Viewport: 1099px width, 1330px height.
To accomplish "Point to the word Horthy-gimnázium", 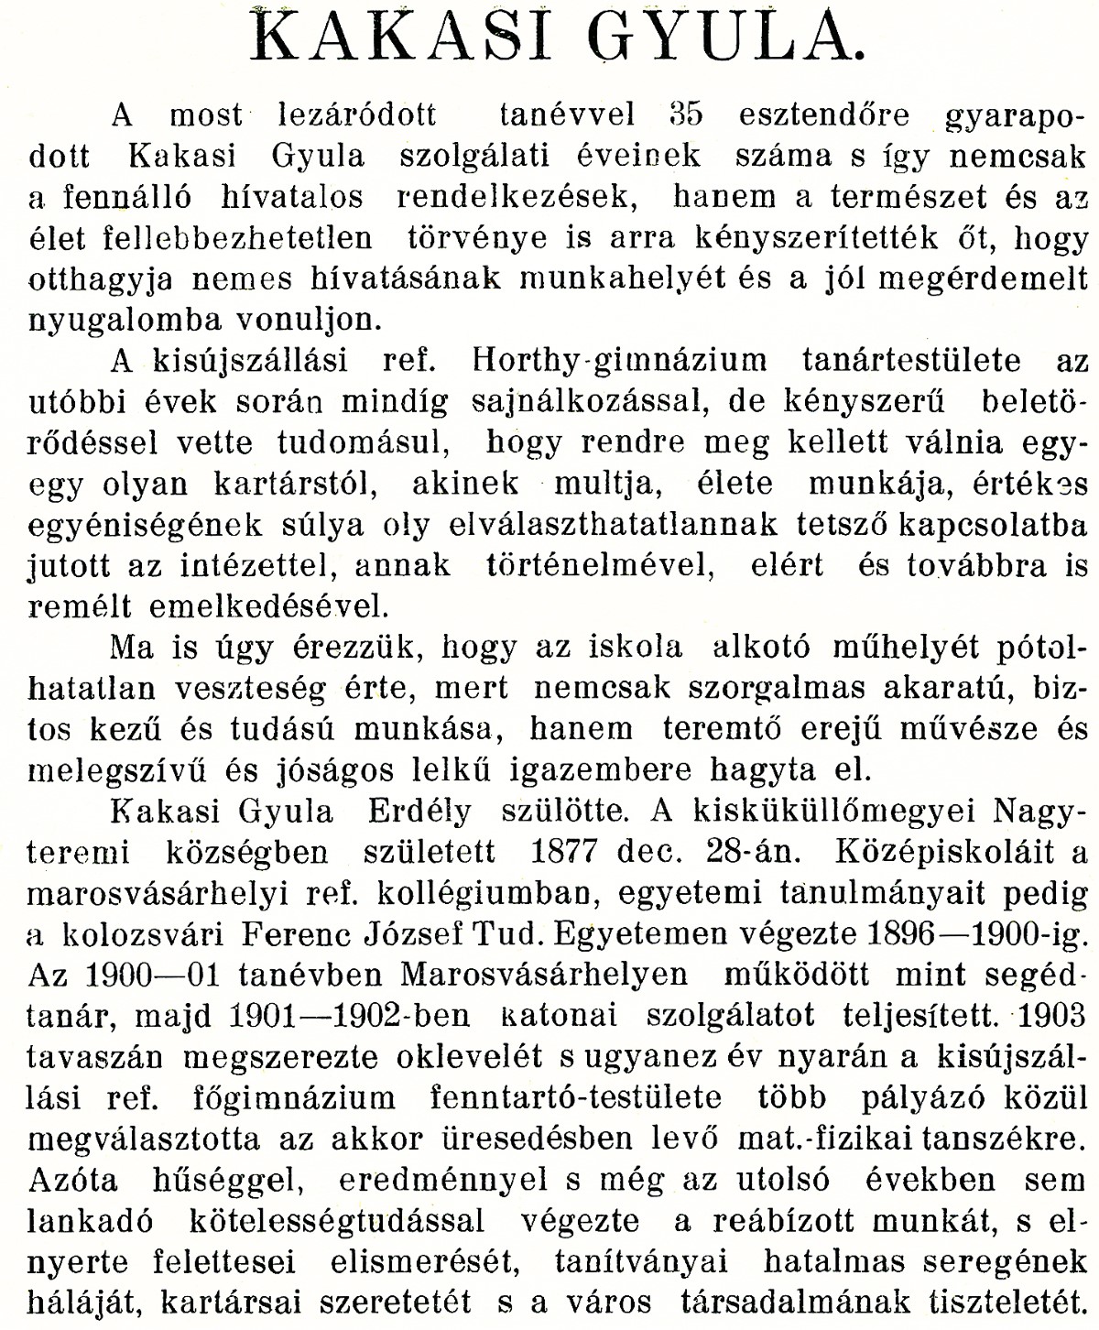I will [620, 360].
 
